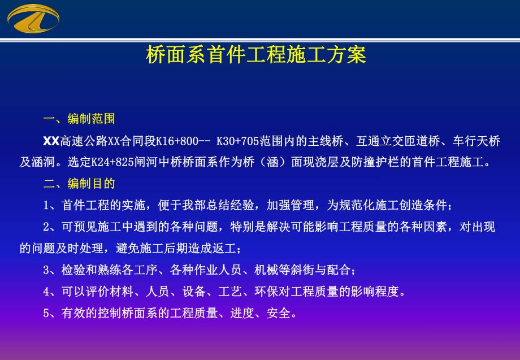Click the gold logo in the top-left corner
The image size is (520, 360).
(x=33, y=18)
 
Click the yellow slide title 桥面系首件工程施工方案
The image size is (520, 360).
(x=255, y=55)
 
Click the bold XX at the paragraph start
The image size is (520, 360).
(x=51, y=141)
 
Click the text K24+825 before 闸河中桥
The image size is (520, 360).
(x=114, y=162)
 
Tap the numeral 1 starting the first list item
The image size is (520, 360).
(x=46, y=205)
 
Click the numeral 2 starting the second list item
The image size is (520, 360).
(x=46, y=227)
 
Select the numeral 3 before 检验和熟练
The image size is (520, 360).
(x=46, y=270)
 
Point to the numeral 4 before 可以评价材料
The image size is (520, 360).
(x=46, y=292)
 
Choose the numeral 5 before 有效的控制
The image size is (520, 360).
(x=46, y=313)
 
